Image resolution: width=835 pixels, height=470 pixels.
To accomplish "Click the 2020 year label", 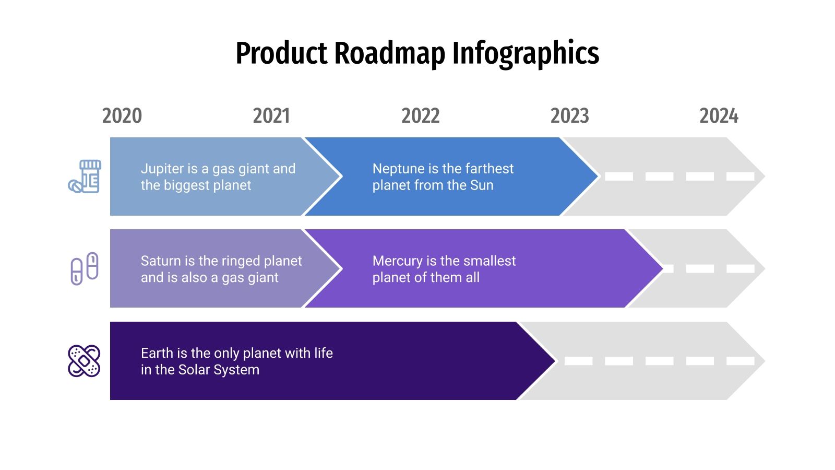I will (x=122, y=116).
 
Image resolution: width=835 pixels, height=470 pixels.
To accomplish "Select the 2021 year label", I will (x=271, y=116).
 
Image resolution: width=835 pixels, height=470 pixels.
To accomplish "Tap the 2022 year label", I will (x=421, y=116).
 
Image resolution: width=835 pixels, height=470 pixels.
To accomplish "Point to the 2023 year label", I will (x=570, y=116).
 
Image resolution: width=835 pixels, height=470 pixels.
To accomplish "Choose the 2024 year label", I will (x=719, y=116).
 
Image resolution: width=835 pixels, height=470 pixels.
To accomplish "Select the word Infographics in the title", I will (x=526, y=53).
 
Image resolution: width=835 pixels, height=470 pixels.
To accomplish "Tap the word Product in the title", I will (x=282, y=53).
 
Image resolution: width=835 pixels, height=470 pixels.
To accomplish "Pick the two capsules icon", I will (x=85, y=268).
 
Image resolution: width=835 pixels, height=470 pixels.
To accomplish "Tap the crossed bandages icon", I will (x=84, y=361).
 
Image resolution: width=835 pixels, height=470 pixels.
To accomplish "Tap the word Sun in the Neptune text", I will (x=482, y=185).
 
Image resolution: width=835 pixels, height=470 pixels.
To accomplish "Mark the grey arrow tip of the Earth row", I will (x=751, y=361).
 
